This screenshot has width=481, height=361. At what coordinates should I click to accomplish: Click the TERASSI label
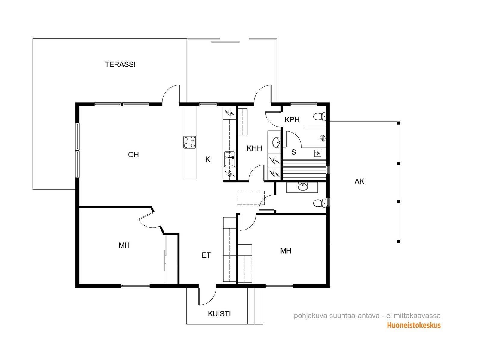120,64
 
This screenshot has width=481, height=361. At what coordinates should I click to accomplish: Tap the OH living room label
133,155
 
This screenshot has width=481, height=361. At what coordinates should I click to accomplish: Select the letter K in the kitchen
207,159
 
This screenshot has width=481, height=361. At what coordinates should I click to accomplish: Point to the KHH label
254,148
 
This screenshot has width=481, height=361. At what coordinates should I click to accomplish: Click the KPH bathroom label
292,120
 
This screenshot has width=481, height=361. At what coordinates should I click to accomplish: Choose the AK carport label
359,181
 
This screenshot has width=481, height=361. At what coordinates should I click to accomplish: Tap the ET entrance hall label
206,255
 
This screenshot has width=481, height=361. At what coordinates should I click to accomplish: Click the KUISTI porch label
219,314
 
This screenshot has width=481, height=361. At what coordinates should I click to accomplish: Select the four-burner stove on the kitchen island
190,142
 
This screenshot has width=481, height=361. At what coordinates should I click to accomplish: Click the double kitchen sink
229,159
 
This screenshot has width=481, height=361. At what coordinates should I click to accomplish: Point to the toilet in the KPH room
320,117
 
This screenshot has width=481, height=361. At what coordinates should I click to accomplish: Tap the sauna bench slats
304,168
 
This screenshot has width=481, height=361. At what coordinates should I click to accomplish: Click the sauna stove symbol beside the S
318,153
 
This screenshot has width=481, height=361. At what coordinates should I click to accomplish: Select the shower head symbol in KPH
323,138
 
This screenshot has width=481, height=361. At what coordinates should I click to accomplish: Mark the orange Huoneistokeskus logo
414,325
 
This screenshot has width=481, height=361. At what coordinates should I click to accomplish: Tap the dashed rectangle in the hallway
251,198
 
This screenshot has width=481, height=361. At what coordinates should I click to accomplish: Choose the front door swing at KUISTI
207,296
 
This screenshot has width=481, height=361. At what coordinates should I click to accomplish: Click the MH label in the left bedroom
124,245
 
